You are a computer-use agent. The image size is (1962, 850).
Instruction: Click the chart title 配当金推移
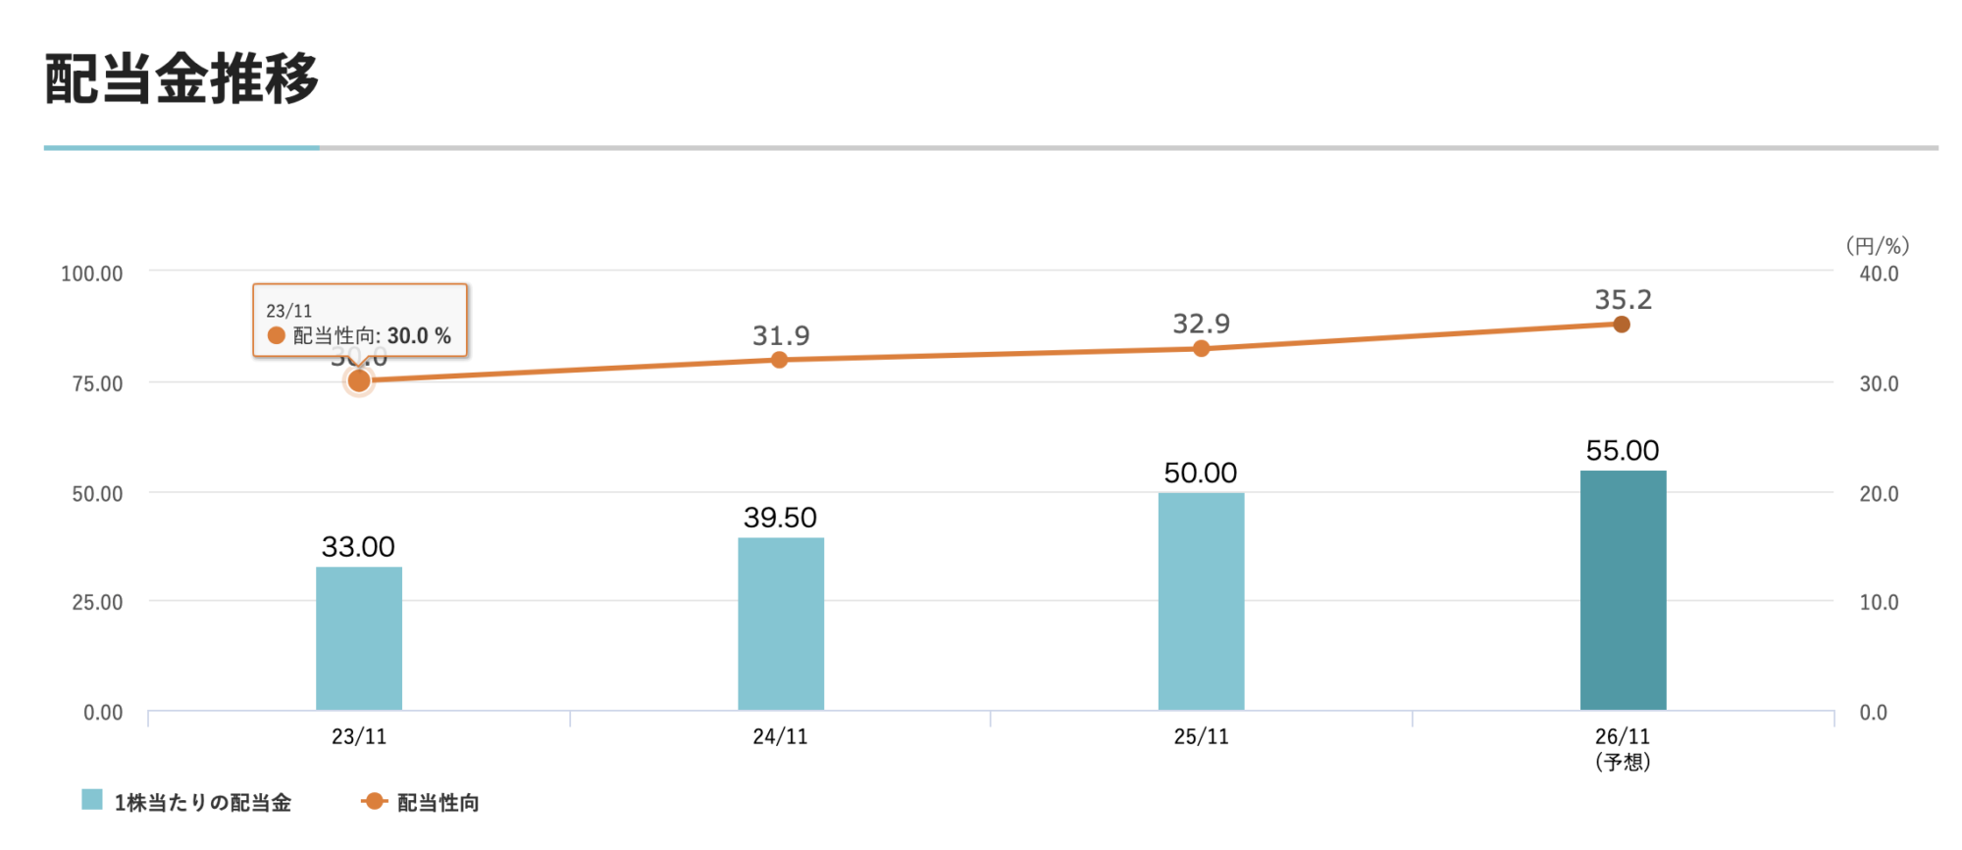click(x=181, y=78)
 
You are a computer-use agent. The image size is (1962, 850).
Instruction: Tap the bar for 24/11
click(x=781, y=624)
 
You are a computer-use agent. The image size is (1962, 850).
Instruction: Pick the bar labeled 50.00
click(x=1201, y=601)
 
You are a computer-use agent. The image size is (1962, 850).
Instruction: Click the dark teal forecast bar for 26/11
click(x=1623, y=590)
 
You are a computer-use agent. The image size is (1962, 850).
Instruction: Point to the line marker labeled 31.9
click(x=779, y=360)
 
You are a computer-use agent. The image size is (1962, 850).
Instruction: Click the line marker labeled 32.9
click(x=1201, y=348)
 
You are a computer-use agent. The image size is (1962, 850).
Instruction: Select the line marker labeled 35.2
click(x=1622, y=325)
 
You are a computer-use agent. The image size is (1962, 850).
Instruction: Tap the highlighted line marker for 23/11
click(x=359, y=380)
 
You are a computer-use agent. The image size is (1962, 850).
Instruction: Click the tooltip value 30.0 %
click(x=419, y=336)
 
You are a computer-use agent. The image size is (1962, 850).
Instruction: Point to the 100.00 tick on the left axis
click(x=92, y=274)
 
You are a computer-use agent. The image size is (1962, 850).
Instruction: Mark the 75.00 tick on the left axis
click(x=97, y=383)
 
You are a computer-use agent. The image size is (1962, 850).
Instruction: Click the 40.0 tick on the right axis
click(x=1879, y=274)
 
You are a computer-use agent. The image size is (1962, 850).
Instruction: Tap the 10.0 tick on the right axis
click(x=1879, y=602)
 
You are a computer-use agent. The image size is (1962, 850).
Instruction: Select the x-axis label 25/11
click(x=1201, y=736)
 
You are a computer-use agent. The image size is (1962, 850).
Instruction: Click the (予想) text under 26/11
click(x=1623, y=762)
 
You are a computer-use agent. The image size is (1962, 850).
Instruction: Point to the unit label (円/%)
click(x=1877, y=245)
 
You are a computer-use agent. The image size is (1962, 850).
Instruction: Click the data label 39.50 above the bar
click(x=780, y=517)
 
